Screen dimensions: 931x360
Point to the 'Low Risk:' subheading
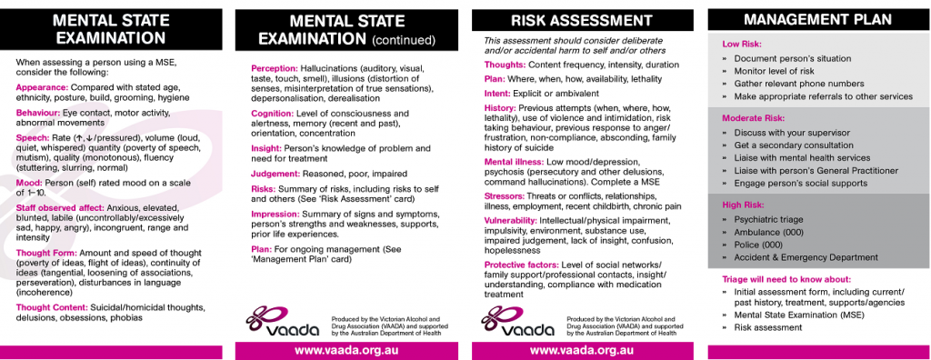(x=742, y=44)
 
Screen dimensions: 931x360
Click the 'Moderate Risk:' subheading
(x=753, y=118)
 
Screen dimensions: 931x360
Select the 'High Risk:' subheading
(x=743, y=205)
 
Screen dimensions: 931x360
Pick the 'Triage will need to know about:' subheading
(x=786, y=279)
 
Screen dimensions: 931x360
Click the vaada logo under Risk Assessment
(x=517, y=320)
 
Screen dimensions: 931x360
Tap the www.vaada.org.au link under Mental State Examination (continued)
(x=346, y=350)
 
